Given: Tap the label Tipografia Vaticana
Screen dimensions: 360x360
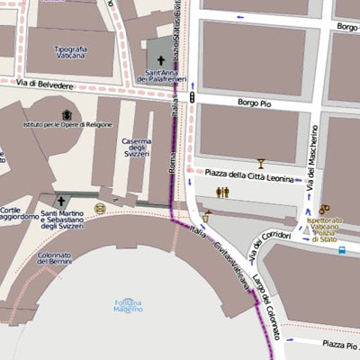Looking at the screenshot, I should click(58, 53).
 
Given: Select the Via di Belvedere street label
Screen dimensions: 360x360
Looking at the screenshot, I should click(44, 83).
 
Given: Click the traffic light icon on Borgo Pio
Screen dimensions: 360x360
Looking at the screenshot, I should click(191, 95).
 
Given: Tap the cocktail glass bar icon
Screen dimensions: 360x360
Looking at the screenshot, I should click(262, 163).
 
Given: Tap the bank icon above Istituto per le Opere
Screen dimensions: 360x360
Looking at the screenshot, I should click(67, 115).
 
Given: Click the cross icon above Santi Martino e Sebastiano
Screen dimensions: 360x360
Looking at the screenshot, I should click(61, 202).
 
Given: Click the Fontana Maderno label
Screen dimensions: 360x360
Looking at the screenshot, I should click(128, 304).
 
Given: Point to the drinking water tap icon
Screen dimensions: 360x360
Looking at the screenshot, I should click(206, 216).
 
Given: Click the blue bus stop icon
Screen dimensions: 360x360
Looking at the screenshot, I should click(343, 249).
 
